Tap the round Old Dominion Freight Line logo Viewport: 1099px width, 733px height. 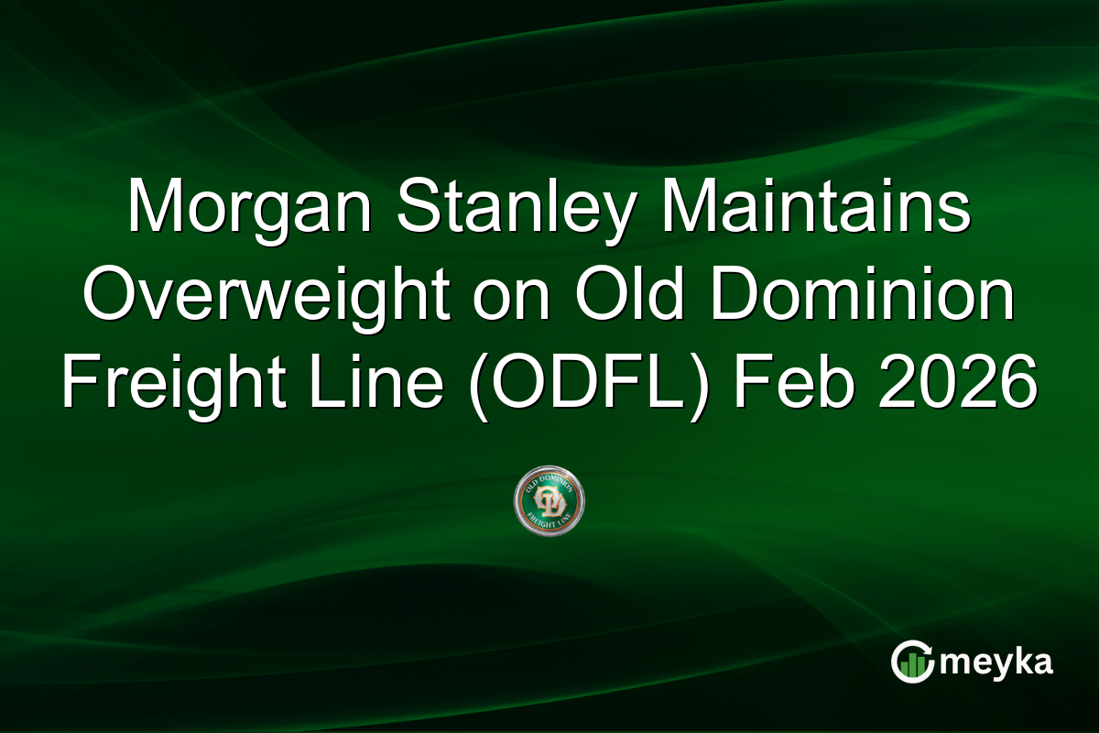(x=549, y=501)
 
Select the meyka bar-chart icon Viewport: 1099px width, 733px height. (x=912, y=662)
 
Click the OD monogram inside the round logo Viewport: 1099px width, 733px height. (x=549, y=501)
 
